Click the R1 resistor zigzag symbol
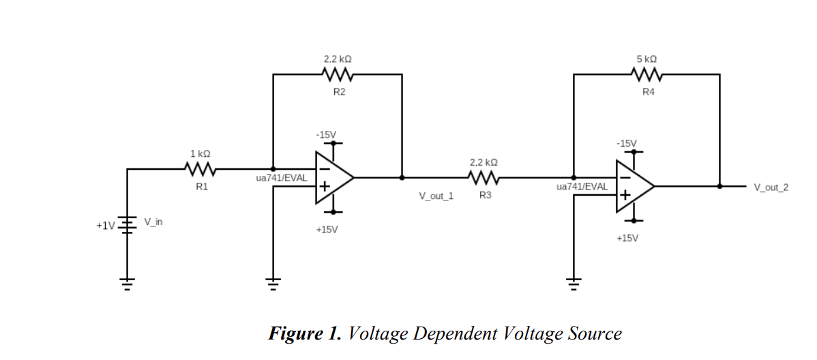click(x=201, y=168)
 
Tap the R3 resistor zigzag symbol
click(x=484, y=178)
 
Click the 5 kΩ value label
click(x=647, y=59)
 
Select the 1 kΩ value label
click(x=200, y=154)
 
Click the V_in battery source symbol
click(x=127, y=224)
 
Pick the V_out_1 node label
click(x=436, y=196)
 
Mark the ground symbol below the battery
click(x=127, y=282)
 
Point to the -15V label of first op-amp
click(x=326, y=134)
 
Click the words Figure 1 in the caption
click(x=305, y=333)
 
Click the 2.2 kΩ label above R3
click(x=484, y=162)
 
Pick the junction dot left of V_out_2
click(x=719, y=185)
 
